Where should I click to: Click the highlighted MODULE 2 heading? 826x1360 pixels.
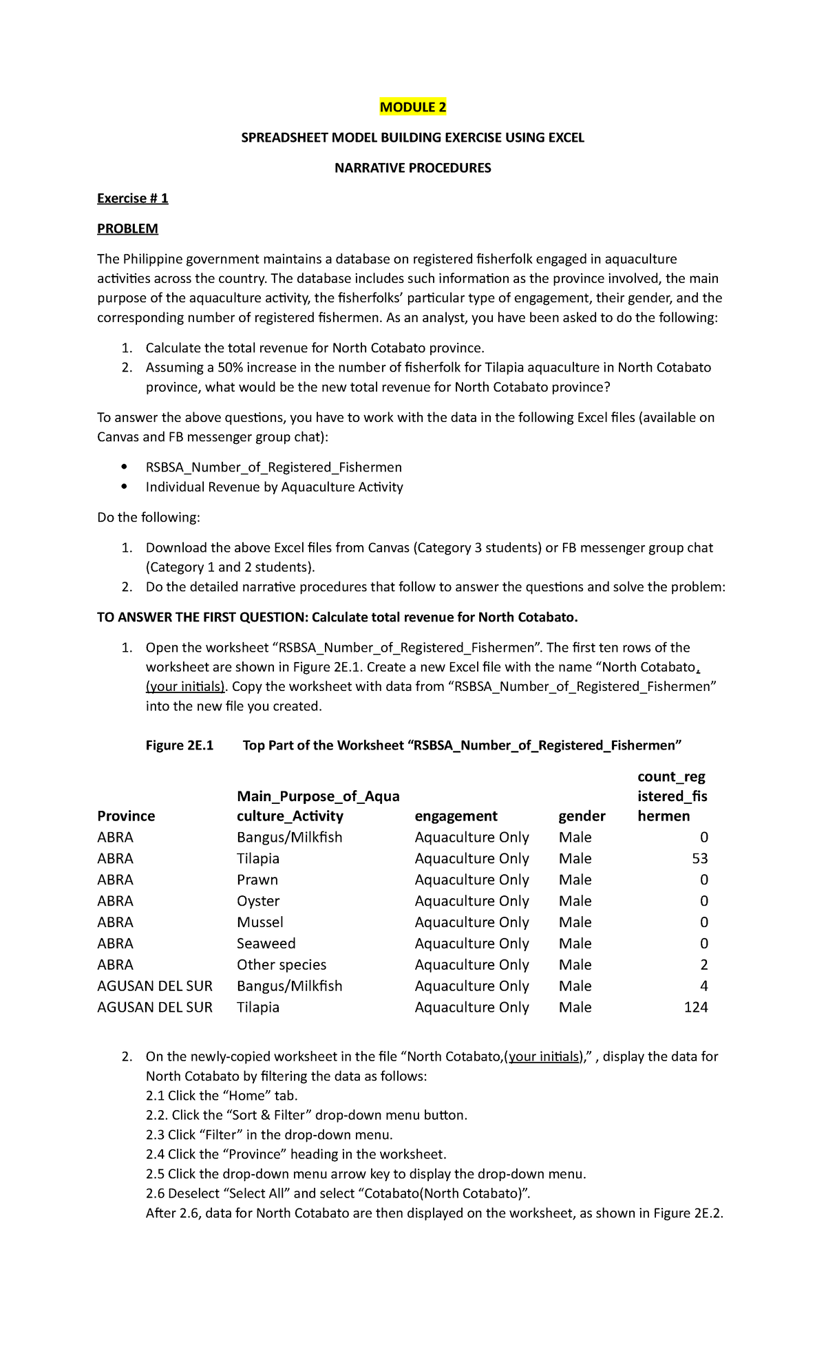[413, 107]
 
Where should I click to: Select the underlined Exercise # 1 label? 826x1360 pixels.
[132, 198]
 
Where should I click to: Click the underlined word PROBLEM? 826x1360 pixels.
[127, 229]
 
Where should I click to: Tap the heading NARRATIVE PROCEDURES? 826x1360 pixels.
[412, 168]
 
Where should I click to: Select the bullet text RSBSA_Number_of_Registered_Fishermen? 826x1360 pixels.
[273, 467]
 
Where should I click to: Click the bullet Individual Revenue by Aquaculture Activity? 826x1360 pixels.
[274, 487]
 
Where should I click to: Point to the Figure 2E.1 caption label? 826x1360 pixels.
[180, 745]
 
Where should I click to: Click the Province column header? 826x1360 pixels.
[126, 816]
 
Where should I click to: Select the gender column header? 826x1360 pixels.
[582, 816]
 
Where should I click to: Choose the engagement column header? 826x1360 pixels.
[456, 816]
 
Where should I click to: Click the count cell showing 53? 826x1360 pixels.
[700, 859]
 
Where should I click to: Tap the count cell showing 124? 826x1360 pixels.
[696, 1008]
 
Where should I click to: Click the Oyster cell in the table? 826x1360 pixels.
[258, 902]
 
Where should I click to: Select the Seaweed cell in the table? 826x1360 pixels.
[266, 944]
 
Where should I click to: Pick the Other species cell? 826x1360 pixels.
[282, 965]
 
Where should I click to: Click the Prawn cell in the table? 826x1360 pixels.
[257, 880]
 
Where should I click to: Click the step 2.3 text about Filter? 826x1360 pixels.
[269, 1135]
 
